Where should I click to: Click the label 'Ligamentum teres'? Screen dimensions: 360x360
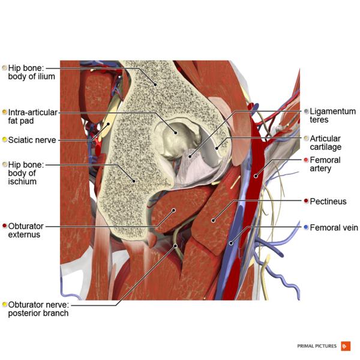tap(332, 116)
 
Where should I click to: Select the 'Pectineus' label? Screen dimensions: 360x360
tap(328, 202)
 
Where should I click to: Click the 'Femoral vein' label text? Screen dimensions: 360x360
tap(334, 227)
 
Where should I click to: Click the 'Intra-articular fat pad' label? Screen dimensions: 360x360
tap(33, 116)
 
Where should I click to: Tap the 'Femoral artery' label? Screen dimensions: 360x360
tap(325, 164)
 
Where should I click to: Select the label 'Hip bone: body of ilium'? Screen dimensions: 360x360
tap(31, 72)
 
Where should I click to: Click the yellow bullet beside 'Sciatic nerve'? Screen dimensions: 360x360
tap(5, 140)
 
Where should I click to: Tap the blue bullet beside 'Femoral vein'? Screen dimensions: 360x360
tap(306, 227)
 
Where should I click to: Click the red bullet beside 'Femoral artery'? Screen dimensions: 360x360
tap(306, 160)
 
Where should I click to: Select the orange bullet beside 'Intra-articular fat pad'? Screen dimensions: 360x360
tap(5, 112)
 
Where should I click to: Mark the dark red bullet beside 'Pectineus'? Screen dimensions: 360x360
tap(306, 202)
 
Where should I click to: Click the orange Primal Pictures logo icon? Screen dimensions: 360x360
tap(345, 346)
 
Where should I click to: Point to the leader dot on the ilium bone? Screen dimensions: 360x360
tap(155, 85)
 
